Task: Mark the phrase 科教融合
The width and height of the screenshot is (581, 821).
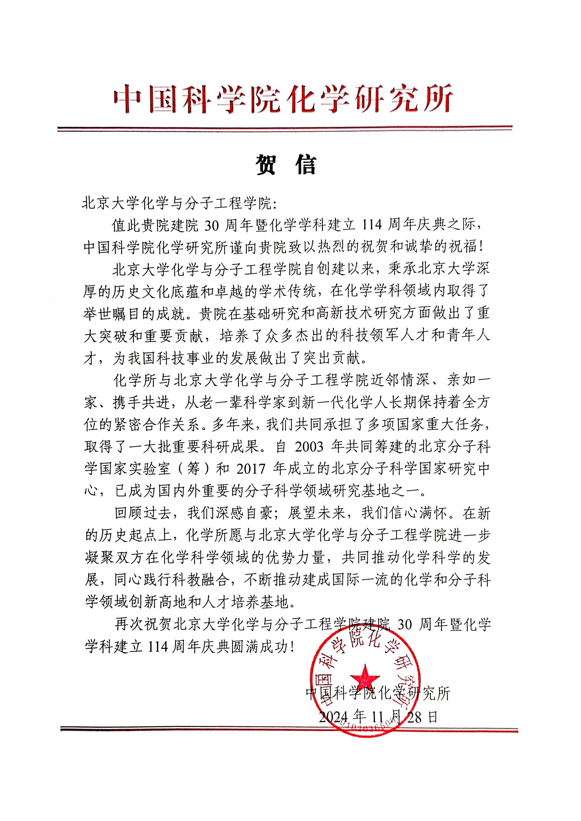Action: [x=198, y=580]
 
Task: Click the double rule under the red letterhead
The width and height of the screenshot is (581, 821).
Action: [x=285, y=128]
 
